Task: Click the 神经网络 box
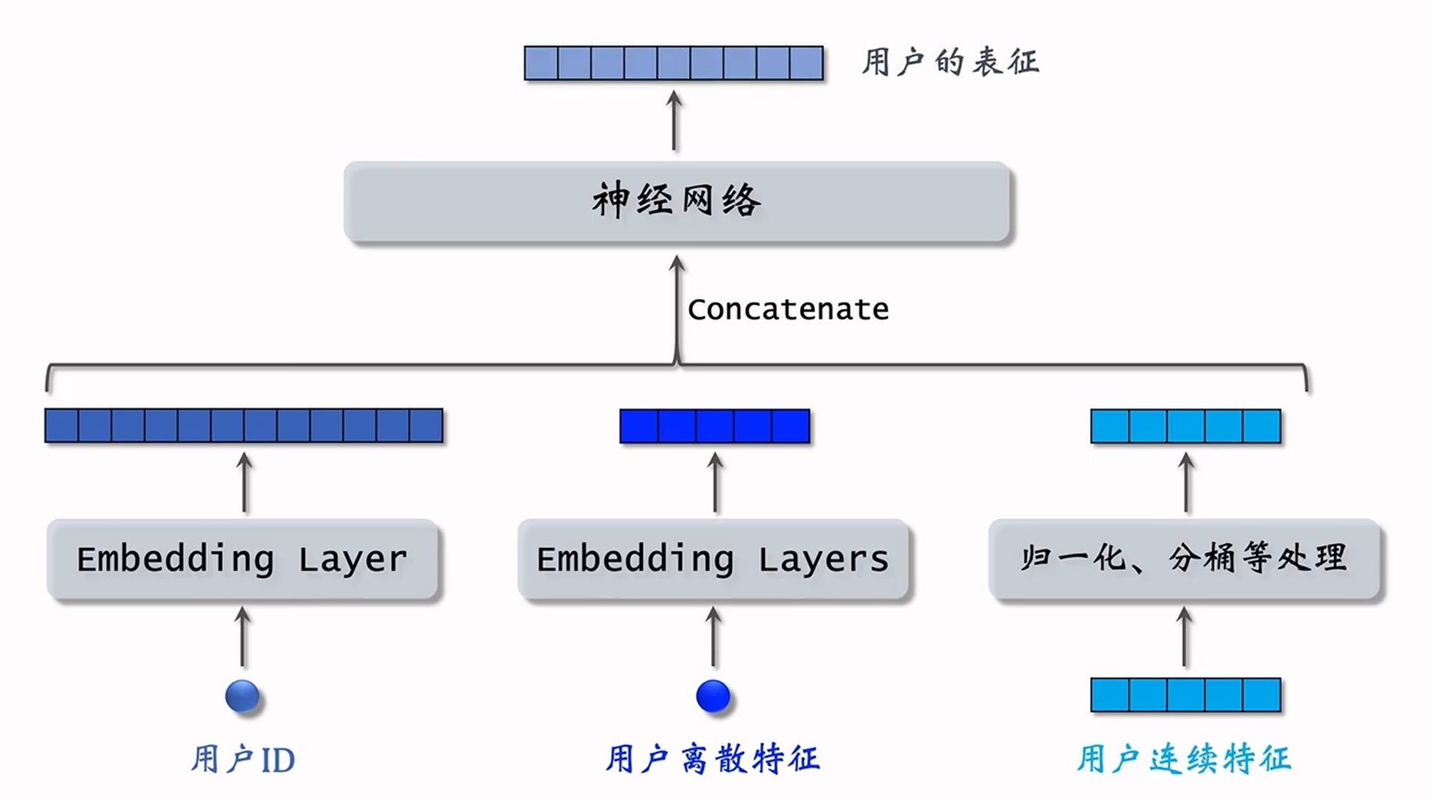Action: point(677,202)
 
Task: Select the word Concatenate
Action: point(788,310)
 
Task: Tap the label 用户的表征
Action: point(950,62)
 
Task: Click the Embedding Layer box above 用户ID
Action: point(242,559)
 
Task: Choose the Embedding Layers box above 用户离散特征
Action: point(713,559)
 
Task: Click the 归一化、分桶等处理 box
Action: point(1184,559)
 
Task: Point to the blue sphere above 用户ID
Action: point(242,696)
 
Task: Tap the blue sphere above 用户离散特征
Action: point(713,696)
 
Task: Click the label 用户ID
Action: point(242,760)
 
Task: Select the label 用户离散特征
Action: point(713,760)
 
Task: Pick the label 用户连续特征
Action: point(1184,760)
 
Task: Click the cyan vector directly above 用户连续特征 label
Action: point(1185,695)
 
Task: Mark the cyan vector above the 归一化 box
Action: point(1185,426)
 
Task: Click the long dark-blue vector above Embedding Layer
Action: point(244,425)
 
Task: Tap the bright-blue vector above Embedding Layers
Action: point(714,426)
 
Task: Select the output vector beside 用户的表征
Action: point(674,63)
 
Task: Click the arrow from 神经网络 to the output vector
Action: point(674,121)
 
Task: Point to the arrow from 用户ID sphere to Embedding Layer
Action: point(243,638)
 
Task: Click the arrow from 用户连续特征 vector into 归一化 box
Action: point(1185,638)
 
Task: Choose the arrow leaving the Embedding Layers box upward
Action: point(715,483)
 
